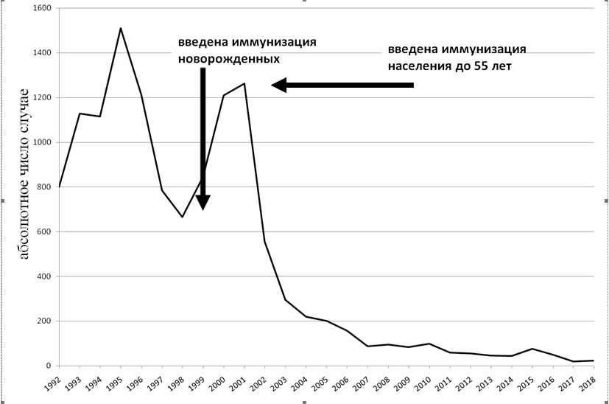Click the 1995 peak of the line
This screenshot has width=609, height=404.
tap(120, 28)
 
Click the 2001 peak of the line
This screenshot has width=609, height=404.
tap(244, 83)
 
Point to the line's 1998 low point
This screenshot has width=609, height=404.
tap(182, 217)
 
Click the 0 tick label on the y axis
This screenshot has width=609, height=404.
tap(47, 366)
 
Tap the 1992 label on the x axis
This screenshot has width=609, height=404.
tap(52, 385)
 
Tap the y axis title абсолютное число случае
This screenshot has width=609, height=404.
tap(24, 174)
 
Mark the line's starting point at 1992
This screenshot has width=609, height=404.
tap(59, 187)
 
